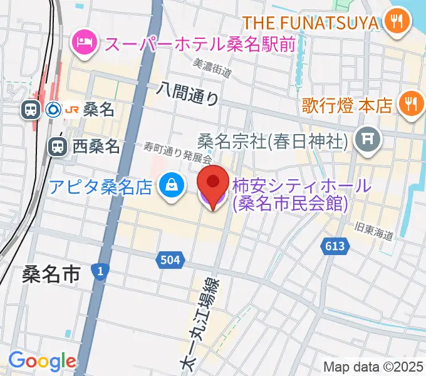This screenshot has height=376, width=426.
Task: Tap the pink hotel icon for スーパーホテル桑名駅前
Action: [x=84, y=43]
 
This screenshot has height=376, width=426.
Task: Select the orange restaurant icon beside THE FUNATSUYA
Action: [x=396, y=23]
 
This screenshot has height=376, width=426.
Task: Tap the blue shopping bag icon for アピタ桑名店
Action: [x=170, y=186]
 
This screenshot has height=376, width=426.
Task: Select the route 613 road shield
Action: [x=335, y=246]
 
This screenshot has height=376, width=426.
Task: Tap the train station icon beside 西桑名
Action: [x=57, y=147]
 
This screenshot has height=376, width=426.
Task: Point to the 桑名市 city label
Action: [x=51, y=274]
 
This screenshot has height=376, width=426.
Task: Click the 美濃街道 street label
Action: [x=214, y=67]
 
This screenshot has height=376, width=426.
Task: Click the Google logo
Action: [x=42, y=360]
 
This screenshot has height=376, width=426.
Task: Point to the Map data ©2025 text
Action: [x=373, y=367]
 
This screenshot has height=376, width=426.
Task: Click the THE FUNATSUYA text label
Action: [x=311, y=23]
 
